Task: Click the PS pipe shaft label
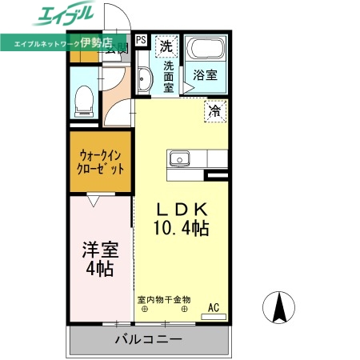[x=142, y=39]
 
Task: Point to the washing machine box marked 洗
[x=166, y=46]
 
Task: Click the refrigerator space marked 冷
[x=214, y=111]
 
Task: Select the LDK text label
[x=182, y=210]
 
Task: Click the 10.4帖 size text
[x=182, y=229]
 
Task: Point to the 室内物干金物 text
[x=164, y=300]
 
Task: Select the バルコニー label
[x=147, y=339]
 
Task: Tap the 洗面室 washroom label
[x=169, y=77]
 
